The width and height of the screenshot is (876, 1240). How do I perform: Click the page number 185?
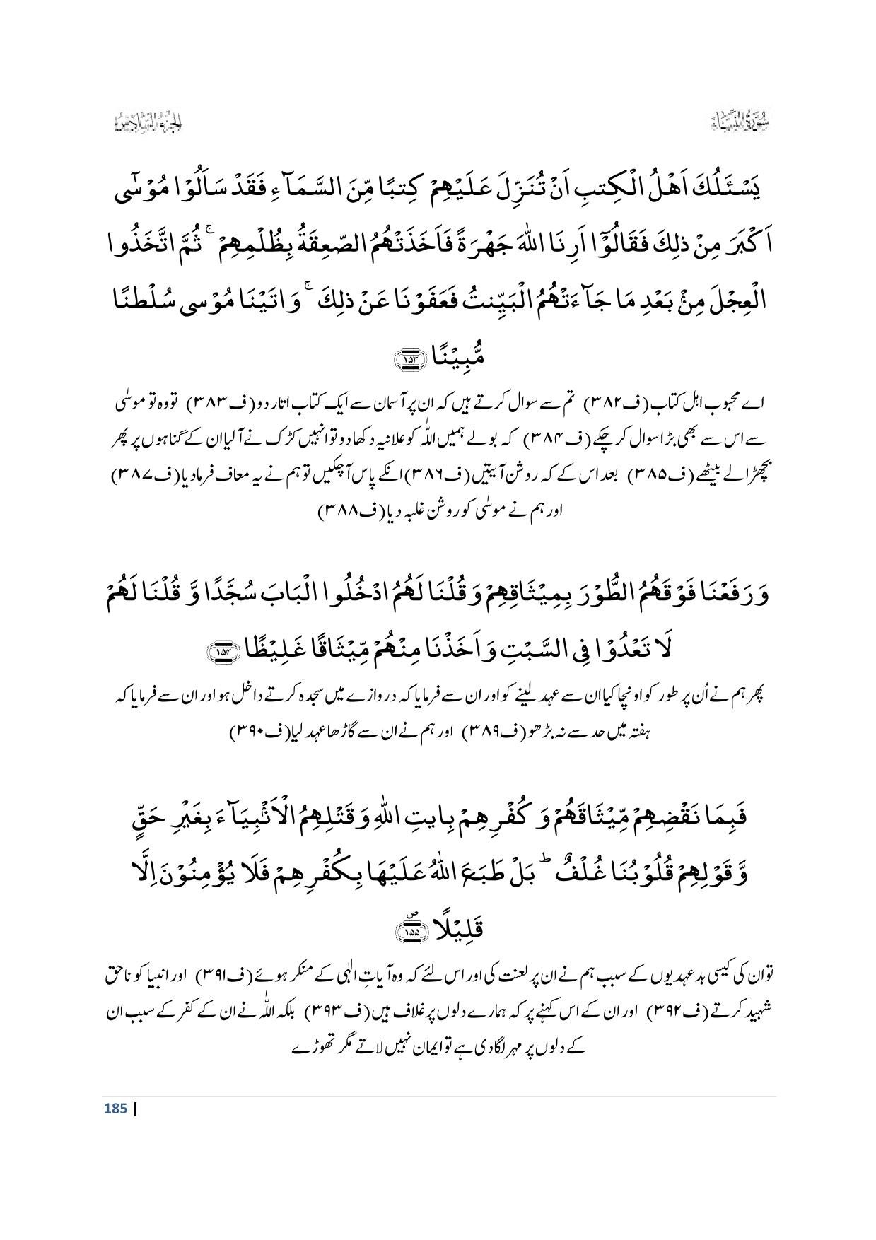115,1109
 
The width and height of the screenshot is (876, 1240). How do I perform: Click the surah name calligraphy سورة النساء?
742,124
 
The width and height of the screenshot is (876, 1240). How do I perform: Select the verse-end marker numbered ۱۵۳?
410,359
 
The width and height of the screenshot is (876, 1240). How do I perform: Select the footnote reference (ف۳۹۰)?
261,735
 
